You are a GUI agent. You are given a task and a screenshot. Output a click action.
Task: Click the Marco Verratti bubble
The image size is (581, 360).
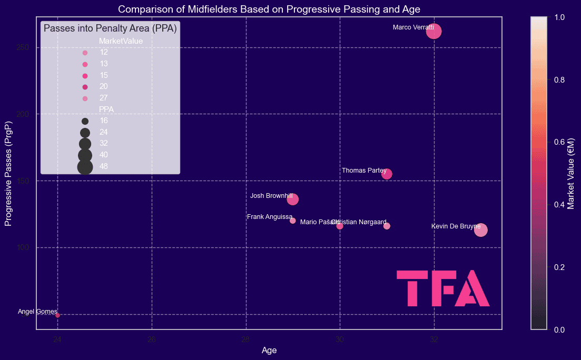pos(434,32)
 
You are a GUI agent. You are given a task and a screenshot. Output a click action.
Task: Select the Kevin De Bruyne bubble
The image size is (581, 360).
pos(480,229)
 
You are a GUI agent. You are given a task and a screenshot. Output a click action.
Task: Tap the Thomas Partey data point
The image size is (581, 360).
pos(387,174)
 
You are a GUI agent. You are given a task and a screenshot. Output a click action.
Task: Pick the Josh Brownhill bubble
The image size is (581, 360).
pos(293,199)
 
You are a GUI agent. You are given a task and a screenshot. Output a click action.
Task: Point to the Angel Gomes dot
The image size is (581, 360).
pos(58,315)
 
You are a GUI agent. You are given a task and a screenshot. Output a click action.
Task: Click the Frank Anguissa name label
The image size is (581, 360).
pos(269,217)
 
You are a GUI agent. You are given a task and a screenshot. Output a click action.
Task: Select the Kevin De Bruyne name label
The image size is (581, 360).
pos(456,226)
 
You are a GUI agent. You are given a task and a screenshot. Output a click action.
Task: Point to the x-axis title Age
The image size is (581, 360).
pos(269,350)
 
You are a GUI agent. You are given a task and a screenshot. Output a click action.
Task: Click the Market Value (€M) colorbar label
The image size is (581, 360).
pos(571,173)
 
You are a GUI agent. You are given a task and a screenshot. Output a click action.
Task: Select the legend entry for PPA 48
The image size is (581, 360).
pos(85,166)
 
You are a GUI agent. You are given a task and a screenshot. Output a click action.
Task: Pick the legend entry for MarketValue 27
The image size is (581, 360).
pos(85,98)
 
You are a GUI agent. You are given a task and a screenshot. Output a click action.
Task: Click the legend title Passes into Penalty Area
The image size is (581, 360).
pos(110,28)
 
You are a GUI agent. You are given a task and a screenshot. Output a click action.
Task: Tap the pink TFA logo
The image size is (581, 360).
pos(442,288)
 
